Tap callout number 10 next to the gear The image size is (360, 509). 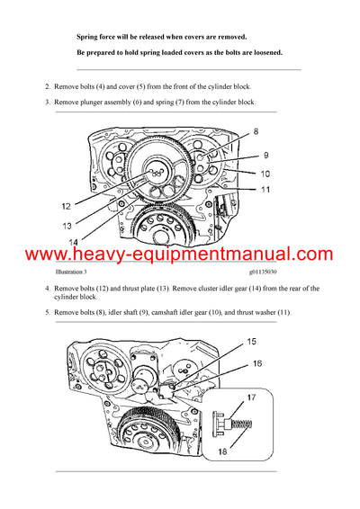tap(265, 173)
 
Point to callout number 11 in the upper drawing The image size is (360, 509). tap(265, 189)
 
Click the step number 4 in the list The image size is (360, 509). tap(48, 289)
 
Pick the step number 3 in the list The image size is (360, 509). tap(48, 103)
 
